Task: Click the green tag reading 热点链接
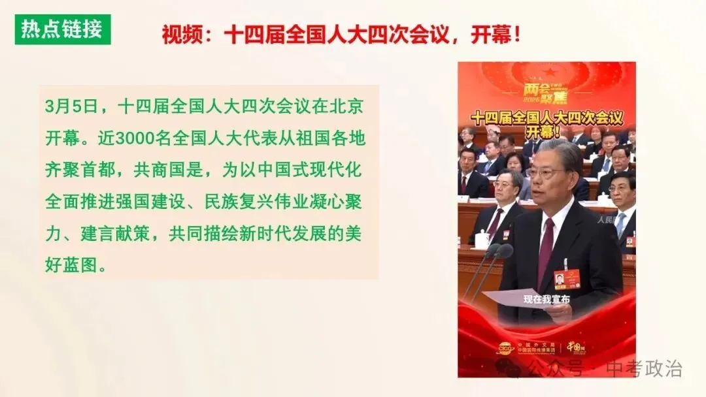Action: (x=62, y=29)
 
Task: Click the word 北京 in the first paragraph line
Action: (x=346, y=106)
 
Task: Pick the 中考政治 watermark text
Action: (x=643, y=369)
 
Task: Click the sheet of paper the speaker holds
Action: (x=523, y=300)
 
